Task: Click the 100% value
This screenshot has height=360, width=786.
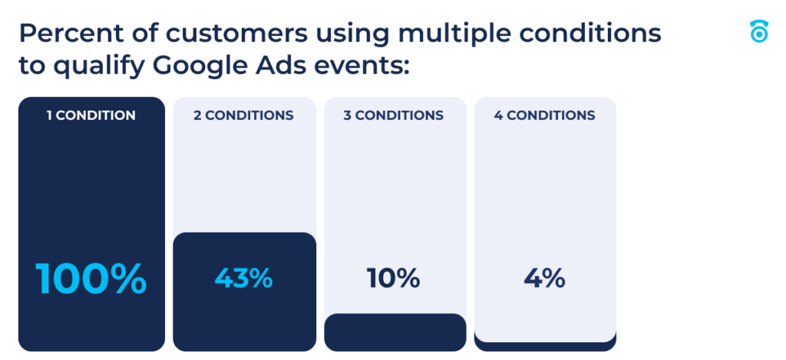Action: (91, 279)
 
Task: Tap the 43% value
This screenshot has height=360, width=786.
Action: (243, 278)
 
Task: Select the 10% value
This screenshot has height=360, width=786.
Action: (394, 278)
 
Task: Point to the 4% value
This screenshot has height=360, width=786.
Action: (544, 278)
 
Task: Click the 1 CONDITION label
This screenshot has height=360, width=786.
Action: (91, 116)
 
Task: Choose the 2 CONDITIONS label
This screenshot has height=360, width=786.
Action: (243, 116)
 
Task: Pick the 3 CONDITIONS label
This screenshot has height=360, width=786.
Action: (394, 116)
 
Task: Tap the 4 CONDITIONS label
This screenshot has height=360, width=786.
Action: (544, 116)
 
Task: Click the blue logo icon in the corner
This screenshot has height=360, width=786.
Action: (758, 31)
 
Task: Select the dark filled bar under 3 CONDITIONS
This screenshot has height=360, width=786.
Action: (395, 332)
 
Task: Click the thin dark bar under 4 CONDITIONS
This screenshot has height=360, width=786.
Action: (544, 346)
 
